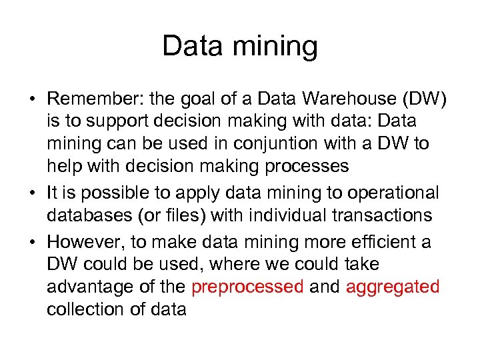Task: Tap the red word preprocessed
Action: coord(247,287)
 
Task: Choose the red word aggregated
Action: coord(393,287)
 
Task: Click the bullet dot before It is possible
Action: coord(32,194)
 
